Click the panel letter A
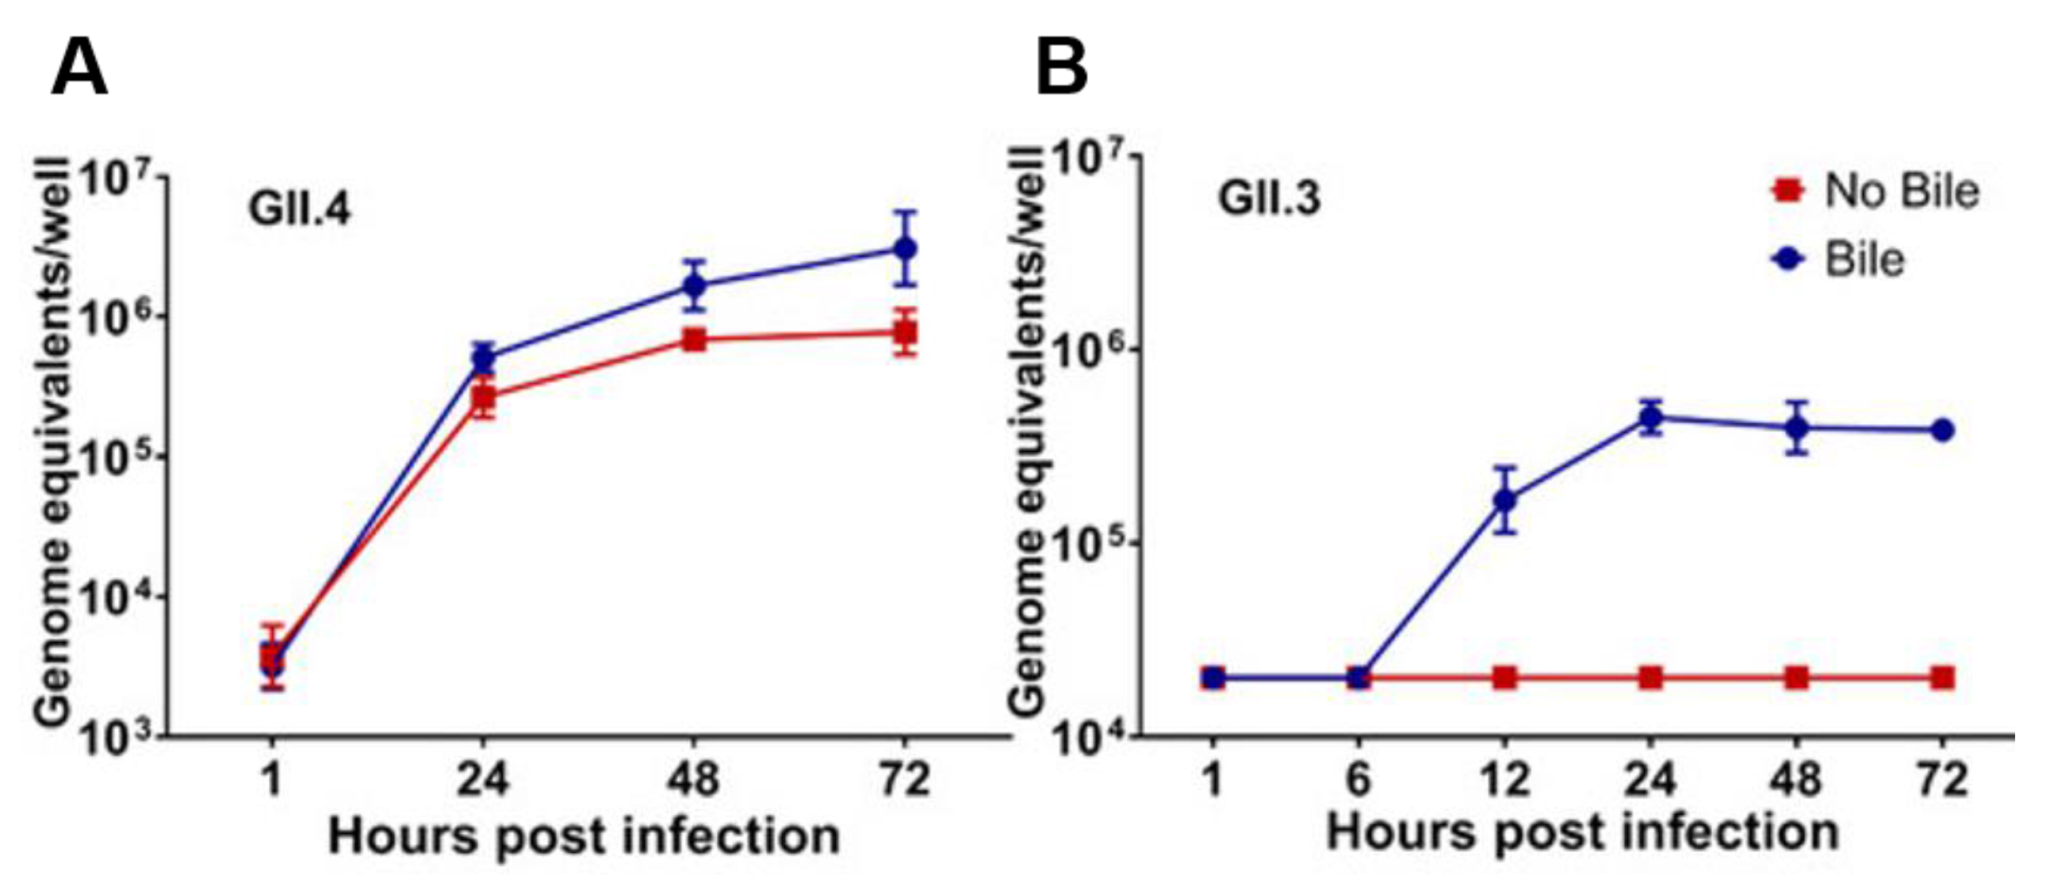pos(79,68)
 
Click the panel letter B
pos(1062,68)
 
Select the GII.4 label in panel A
pos(299,211)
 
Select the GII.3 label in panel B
pos(1269,198)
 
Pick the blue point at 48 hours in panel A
pos(695,285)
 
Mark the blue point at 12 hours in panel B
pos(1504,500)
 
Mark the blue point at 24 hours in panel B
pos(1650,417)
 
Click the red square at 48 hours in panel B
pos(1797,678)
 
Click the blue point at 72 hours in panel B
pos(1943,430)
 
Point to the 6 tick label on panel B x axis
pos(1358,779)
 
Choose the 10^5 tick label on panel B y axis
pos(1092,552)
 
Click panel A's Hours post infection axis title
pos(584,836)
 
